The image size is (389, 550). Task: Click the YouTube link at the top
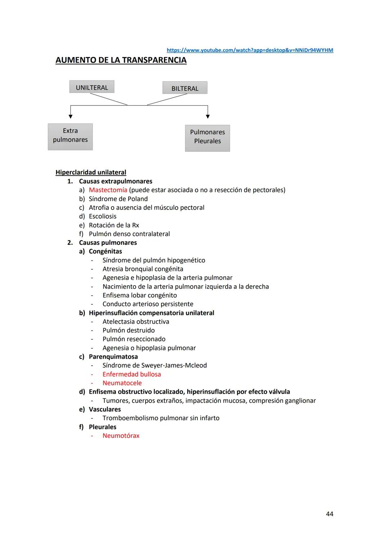250,50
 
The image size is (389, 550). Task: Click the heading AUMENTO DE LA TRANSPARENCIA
121,60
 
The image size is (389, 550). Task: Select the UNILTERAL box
92,87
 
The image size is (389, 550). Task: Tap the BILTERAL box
185,88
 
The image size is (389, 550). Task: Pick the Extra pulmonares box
70,137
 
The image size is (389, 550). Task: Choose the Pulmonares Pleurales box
207,138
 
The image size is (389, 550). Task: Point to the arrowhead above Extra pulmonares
71,116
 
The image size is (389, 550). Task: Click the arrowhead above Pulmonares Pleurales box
208,116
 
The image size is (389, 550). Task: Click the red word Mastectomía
108,190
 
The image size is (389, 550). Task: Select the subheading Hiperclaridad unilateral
91,172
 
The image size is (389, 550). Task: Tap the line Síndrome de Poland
118,199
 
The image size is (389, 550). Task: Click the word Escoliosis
103,216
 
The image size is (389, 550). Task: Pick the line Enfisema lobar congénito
140,295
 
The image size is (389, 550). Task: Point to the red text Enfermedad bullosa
132,374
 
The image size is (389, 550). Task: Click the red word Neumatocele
122,383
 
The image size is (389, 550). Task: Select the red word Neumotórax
121,435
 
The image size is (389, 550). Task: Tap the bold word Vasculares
105,409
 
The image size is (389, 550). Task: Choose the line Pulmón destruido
129,330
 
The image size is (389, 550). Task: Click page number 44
330,514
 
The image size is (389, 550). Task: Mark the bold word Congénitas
106,251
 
